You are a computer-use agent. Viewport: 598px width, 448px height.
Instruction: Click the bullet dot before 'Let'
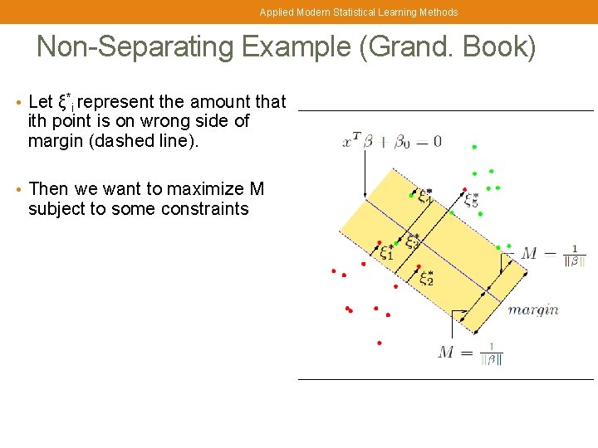click(18, 103)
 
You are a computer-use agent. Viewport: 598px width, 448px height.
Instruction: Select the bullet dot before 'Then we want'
click(18, 190)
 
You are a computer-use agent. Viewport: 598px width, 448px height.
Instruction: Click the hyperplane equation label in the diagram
click(391, 142)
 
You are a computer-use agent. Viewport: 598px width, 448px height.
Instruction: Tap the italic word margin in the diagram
click(532, 309)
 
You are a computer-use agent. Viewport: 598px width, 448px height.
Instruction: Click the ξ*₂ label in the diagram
click(426, 278)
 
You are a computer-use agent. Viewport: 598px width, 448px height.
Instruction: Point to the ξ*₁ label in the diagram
click(387, 251)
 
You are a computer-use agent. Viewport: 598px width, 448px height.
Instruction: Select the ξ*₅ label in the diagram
click(471, 200)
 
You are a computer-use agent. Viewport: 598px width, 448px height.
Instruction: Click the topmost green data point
click(474, 147)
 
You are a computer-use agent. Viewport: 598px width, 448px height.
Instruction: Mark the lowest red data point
click(379, 343)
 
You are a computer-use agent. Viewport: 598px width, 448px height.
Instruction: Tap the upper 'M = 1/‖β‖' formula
click(553, 254)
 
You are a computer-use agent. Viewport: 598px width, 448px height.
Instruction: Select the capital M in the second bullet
click(256, 189)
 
